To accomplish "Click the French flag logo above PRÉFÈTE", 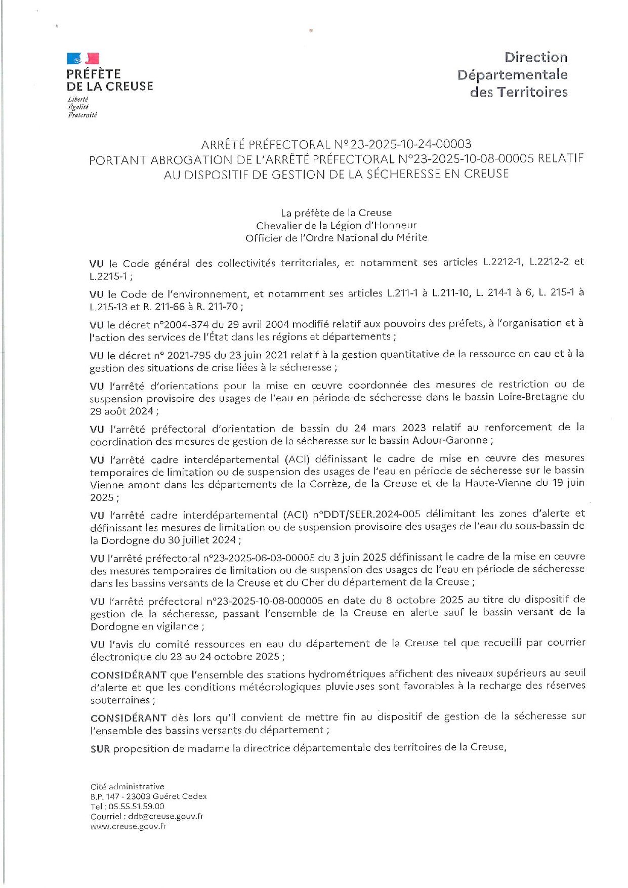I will tap(83, 59).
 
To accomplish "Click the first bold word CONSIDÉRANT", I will tap(129, 675).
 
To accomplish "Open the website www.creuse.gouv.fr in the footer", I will tap(129, 827).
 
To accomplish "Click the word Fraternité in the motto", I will tap(82, 115).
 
